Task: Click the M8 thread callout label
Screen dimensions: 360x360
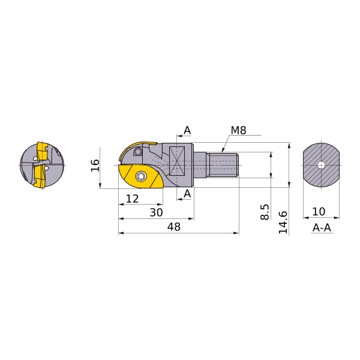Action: [238, 131]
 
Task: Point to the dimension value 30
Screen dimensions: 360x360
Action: [156, 212]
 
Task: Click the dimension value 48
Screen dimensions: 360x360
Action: [173, 227]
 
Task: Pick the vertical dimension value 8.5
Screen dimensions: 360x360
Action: [265, 211]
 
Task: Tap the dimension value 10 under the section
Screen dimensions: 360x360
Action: [319, 212]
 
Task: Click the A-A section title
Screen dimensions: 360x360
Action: [322, 228]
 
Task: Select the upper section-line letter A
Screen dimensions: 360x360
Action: [187, 130]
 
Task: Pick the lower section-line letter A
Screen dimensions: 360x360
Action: [187, 193]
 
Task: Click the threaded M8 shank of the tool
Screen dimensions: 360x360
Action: [223, 165]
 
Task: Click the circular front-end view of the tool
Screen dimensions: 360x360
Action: [41, 165]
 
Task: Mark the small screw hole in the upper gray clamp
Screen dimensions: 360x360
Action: [137, 151]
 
